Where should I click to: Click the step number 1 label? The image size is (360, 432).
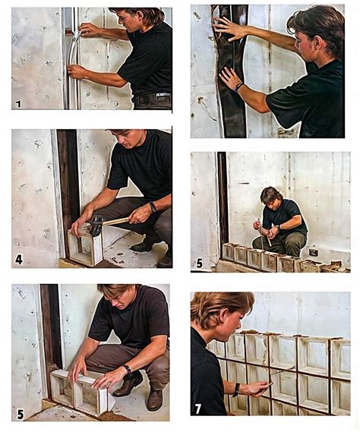pos(18,104)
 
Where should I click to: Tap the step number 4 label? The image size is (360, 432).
pos(19,259)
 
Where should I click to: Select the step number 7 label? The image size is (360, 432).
pos(198,409)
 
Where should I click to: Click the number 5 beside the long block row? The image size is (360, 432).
pos(199,263)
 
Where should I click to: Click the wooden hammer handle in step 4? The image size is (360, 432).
pos(115,221)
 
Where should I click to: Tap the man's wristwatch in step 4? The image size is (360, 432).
pos(153,207)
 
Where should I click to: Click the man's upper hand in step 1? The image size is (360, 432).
pos(89,30)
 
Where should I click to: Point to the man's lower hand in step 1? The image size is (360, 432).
pos(77,71)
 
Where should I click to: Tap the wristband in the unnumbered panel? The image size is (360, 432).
pos(238,87)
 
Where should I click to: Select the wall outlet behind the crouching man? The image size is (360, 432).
pos(313,252)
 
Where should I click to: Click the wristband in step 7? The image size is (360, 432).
pos(235,389)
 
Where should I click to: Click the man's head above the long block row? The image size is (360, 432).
pos(271,196)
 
